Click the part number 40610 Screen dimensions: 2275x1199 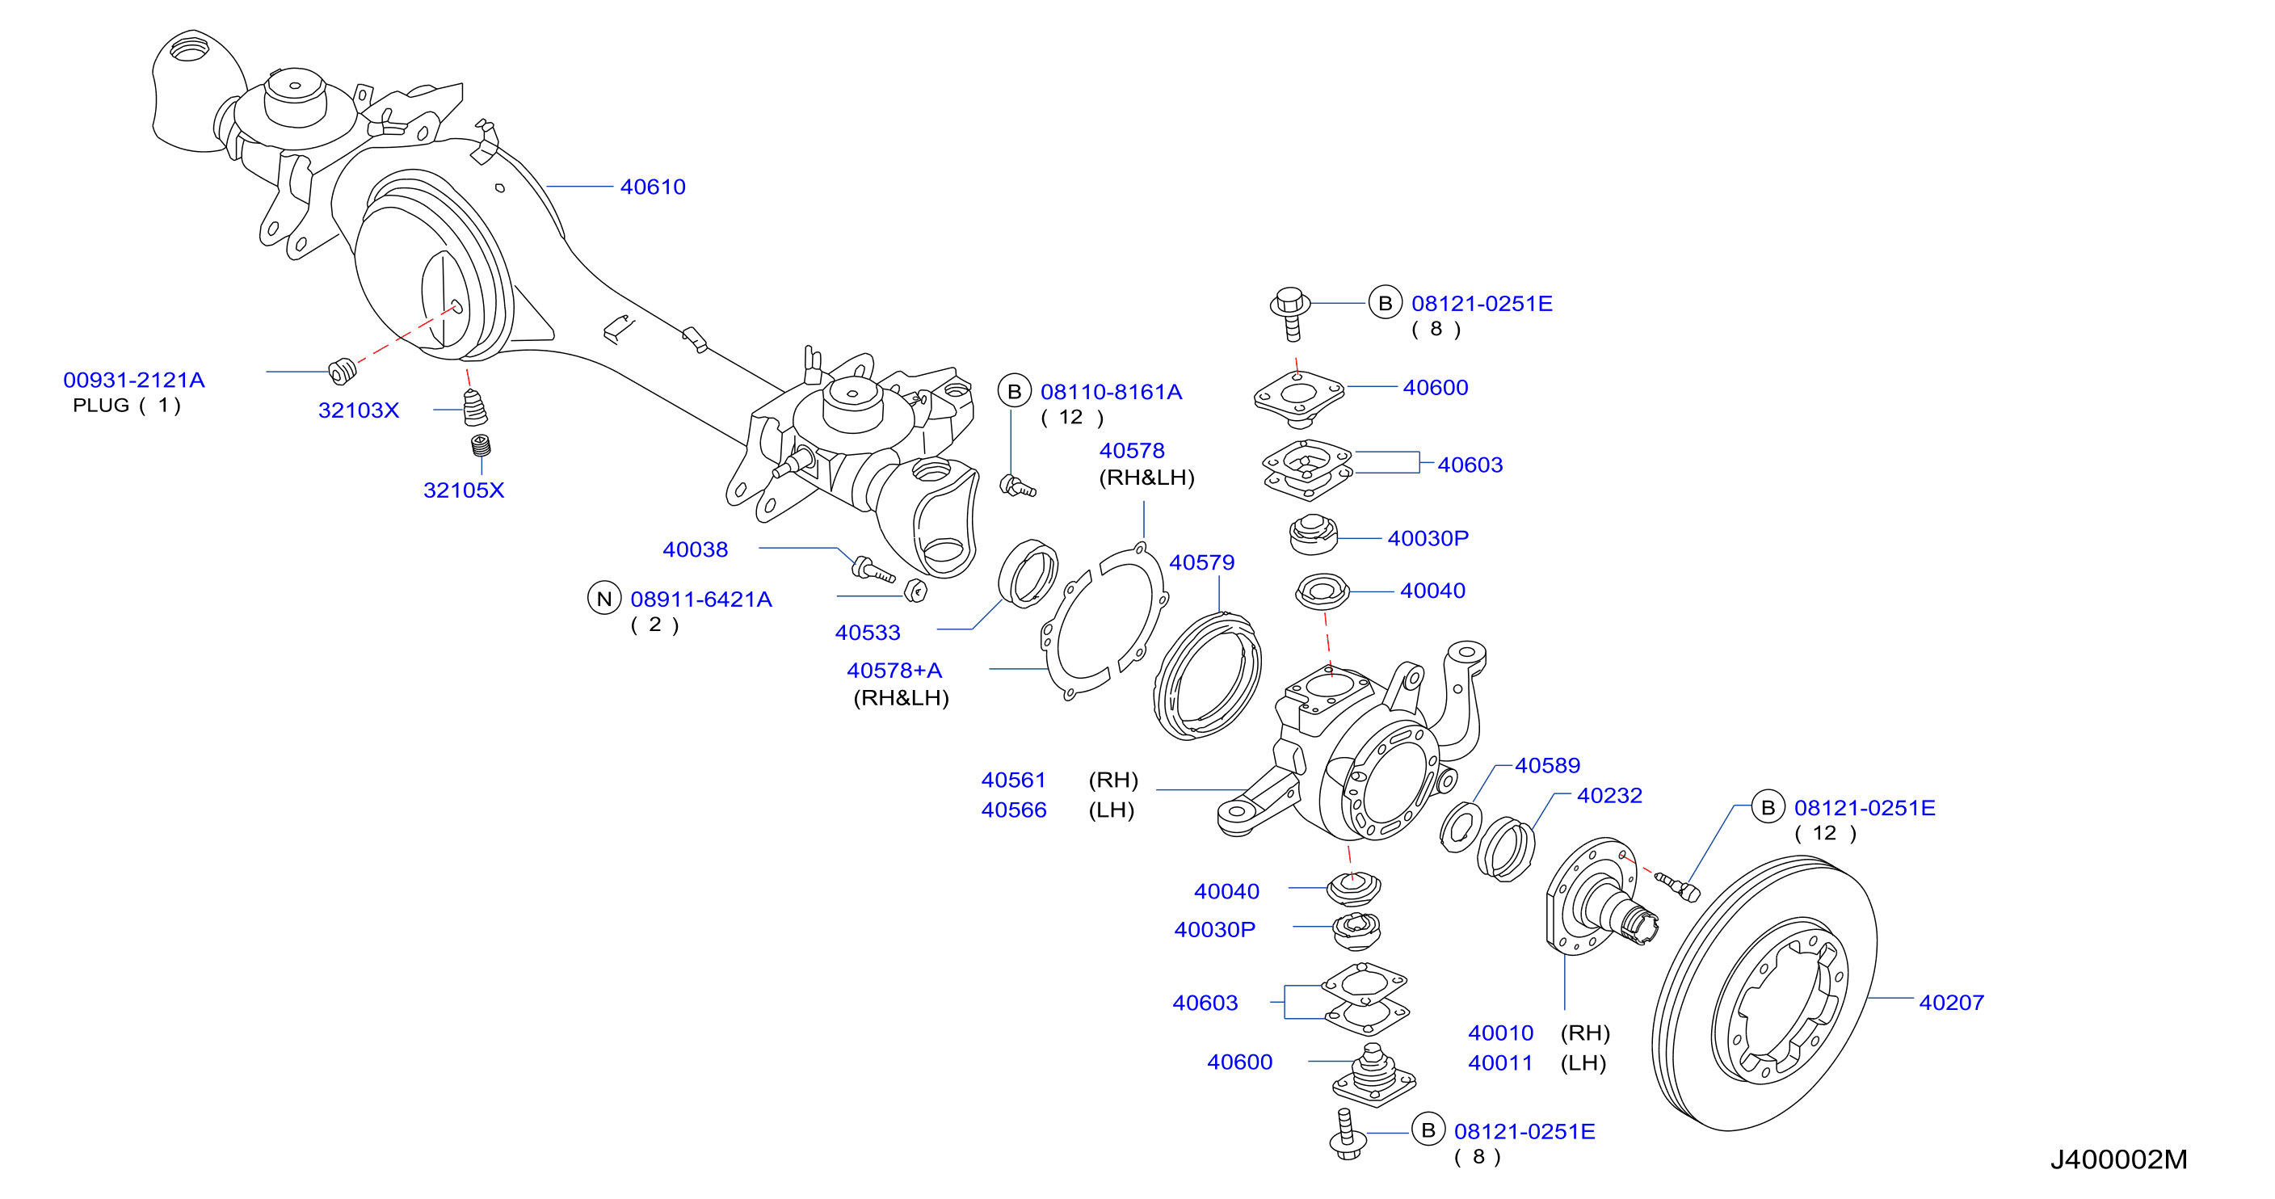tap(653, 187)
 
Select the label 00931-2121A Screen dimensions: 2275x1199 tap(134, 381)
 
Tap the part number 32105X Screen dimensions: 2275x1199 tap(464, 491)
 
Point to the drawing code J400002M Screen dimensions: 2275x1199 tap(2119, 1159)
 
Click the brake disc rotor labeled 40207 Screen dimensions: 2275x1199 tap(1764, 993)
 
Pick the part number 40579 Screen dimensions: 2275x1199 tap(1202, 563)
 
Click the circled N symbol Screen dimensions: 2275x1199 tap(604, 599)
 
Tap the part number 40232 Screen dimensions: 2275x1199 tap(1609, 797)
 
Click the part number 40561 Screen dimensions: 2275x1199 tap(1013, 780)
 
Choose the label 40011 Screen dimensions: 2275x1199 tap(1500, 1063)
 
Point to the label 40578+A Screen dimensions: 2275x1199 tap(894, 671)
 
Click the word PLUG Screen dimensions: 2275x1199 tap(102, 406)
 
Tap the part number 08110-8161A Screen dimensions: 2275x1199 tap(1111, 392)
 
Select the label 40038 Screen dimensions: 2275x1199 tap(695, 550)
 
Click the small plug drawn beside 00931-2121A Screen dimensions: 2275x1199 tap(343, 372)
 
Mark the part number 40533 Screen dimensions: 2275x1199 tap(867, 633)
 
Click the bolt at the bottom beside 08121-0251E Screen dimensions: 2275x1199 tap(1347, 1135)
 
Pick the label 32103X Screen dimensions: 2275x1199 tap(359, 410)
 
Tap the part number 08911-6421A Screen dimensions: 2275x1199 tap(701, 599)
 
